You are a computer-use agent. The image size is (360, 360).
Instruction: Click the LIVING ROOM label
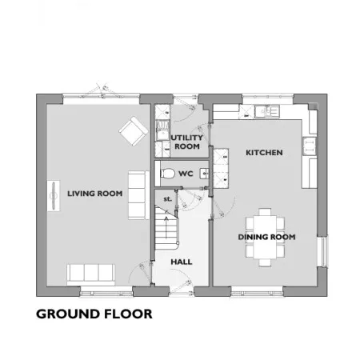[x=94, y=194]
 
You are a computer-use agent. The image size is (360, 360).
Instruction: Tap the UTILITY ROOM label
[x=186, y=142]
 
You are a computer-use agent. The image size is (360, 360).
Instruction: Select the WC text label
[x=186, y=174]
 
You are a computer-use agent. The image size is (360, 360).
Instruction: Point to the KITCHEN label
[x=264, y=153]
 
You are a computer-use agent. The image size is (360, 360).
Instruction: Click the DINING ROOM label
[x=266, y=237]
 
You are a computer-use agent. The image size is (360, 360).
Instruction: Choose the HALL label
[x=182, y=262]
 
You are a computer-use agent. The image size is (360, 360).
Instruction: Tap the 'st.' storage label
[x=167, y=199]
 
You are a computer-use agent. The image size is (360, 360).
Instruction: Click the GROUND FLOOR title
[x=94, y=314]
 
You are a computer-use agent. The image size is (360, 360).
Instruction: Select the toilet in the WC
[x=167, y=174]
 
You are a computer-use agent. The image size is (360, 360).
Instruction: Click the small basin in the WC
[x=205, y=174]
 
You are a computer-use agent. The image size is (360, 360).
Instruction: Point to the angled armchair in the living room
[x=134, y=131]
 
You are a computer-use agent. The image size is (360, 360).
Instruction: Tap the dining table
[x=265, y=237]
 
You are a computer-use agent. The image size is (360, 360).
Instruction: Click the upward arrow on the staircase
[x=166, y=227]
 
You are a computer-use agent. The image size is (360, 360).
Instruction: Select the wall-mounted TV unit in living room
[x=54, y=196]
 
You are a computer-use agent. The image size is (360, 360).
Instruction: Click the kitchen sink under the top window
[x=267, y=111]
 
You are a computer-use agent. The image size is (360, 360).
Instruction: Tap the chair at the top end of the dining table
[x=265, y=212]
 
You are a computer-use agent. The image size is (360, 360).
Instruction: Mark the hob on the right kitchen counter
[x=310, y=146]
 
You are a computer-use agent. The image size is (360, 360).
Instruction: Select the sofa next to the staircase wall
[x=138, y=195]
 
